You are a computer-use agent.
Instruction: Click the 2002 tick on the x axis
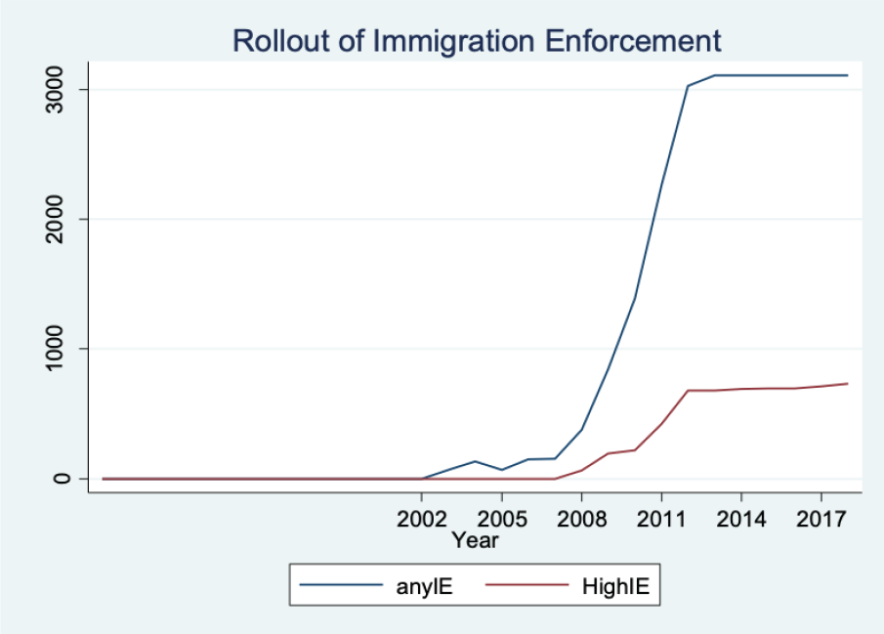[422, 517]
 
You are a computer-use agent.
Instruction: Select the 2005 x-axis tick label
[501, 517]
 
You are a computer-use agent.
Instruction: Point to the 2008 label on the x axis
[581, 517]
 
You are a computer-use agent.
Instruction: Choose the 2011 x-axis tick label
[661, 517]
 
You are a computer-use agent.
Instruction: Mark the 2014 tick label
[741, 517]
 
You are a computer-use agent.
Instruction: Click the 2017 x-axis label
[821, 517]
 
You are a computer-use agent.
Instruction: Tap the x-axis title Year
[475, 539]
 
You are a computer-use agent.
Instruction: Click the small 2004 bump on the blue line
[475, 461]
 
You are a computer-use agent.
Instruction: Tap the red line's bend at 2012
[688, 391]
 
